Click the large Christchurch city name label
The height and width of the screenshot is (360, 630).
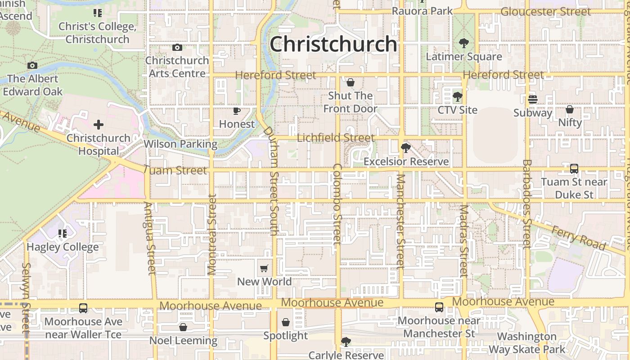click(x=333, y=45)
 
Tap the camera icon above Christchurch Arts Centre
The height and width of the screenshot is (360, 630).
click(x=177, y=47)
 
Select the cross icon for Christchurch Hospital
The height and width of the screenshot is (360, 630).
click(x=99, y=125)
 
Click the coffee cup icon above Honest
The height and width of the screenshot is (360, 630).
click(x=237, y=111)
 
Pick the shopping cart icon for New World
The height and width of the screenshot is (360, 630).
click(x=264, y=269)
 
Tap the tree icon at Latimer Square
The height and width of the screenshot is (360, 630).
click(x=463, y=44)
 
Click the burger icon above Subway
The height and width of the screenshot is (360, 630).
click(x=533, y=99)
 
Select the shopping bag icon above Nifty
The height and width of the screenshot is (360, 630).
click(x=570, y=109)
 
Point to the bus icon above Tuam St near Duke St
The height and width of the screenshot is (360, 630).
click(x=574, y=169)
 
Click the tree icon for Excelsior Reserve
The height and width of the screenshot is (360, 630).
click(x=406, y=148)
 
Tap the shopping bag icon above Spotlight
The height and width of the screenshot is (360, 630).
click(x=286, y=322)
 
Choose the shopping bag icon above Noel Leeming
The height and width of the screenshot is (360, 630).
click(x=183, y=327)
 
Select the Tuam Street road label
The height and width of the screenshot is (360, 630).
click(x=175, y=170)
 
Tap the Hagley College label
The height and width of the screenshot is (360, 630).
click(x=63, y=247)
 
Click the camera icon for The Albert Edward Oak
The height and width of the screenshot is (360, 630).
click(x=32, y=66)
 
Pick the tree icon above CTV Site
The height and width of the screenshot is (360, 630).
click(x=457, y=97)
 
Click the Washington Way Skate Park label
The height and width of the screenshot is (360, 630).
click(x=527, y=343)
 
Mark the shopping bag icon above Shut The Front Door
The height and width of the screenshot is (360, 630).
click(x=351, y=83)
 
